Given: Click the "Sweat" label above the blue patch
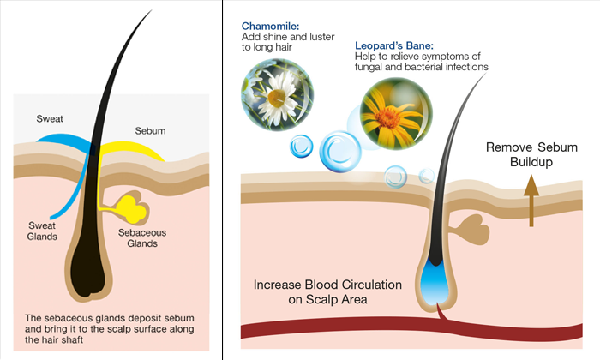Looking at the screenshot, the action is tap(50, 118).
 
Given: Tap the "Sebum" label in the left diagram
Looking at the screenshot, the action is tap(150, 131).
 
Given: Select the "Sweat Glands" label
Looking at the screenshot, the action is tap(42, 231).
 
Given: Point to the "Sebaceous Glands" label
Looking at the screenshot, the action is tap(142, 238).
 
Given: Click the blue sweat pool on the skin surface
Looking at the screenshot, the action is tap(65, 141).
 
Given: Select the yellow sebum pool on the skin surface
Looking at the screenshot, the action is tap(130, 149).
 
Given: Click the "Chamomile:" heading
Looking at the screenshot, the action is tap(270, 26).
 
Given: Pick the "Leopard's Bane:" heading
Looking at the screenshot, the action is tap(394, 45).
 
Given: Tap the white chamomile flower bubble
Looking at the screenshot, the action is tap(277, 94).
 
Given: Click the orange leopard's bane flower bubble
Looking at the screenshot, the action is tap(396, 114).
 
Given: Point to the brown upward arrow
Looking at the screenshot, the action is tap(531, 201).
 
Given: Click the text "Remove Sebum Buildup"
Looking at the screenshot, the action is tap(531, 154).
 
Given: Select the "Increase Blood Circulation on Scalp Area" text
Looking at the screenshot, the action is tap(327, 292).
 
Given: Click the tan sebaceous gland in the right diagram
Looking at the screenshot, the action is tap(471, 229).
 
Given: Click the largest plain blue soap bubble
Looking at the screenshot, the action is tap(340, 152).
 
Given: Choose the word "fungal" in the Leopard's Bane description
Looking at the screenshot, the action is tap(367, 67).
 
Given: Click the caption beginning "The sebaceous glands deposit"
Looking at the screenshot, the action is tap(110, 329).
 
